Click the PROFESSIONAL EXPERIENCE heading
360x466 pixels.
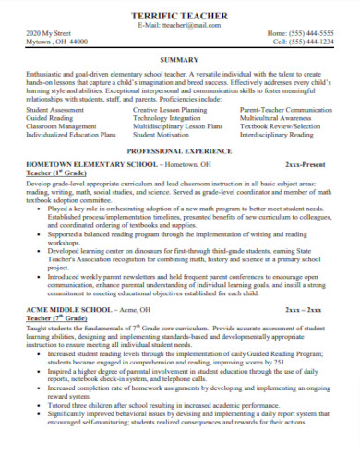[x=179, y=149]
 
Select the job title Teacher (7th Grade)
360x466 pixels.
[x=54, y=319]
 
